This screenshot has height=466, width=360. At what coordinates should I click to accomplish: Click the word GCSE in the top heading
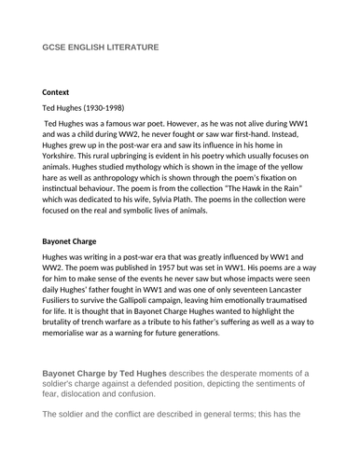coord(55,47)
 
